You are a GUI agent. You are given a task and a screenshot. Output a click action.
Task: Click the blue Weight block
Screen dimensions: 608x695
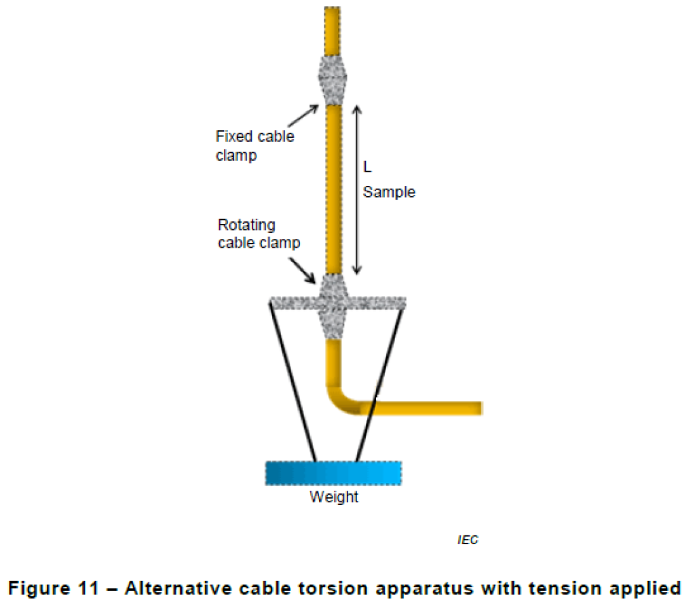[333, 473]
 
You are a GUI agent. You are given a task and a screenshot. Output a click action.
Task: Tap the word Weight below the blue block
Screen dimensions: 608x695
[334, 497]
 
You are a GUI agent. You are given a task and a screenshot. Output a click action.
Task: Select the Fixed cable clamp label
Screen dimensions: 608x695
[255, 145]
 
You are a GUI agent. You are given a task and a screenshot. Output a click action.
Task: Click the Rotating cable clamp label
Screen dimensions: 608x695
[259, 233]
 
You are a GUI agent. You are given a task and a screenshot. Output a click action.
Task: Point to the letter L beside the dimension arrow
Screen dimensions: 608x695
[367, 168]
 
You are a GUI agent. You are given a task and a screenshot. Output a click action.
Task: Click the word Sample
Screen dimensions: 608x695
[389, 192]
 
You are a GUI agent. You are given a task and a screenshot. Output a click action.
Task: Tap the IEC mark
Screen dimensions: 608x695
[467, 540]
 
